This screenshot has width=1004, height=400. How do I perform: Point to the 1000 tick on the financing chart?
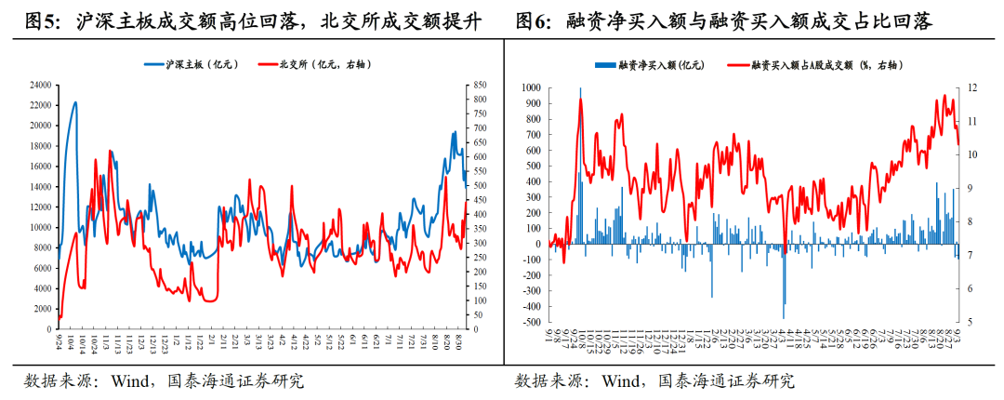530,87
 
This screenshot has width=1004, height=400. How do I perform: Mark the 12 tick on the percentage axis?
971,87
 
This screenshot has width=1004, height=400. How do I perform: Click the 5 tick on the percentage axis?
970,322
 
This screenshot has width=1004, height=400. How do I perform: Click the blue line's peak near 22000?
75,102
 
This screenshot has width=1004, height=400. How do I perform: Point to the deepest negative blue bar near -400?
784,304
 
